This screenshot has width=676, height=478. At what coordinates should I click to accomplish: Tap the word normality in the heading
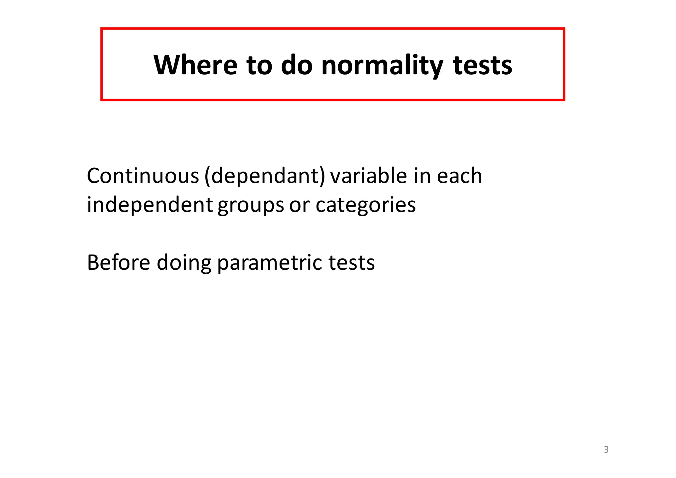382,65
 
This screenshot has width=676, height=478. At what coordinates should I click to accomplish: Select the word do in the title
296,65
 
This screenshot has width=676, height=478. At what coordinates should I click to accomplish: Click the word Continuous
143,176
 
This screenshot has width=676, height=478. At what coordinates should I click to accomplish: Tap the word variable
369,176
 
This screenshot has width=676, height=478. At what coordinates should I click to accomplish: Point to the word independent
150,205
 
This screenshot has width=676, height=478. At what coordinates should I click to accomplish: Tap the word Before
118,263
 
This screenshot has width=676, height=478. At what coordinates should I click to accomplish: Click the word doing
184,263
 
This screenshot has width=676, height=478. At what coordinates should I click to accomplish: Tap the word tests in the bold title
482,65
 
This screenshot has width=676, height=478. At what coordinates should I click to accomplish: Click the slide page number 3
606,450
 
